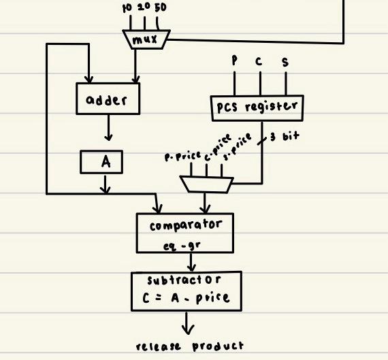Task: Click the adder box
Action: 108,100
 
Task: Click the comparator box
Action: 186,233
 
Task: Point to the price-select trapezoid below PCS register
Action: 207,182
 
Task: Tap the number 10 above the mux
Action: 127,7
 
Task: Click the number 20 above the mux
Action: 144,7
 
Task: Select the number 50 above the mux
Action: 161,7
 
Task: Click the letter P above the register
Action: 234,61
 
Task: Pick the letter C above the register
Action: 259,61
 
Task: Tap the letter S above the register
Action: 285,62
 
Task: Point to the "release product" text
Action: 189,346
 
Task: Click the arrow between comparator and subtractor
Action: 192,262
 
